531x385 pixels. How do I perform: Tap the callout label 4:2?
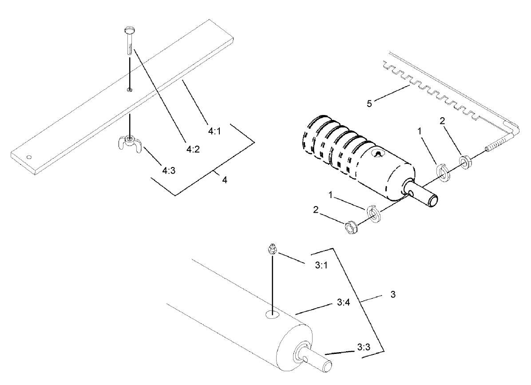[193, 149]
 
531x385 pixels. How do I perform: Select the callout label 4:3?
[168, 170]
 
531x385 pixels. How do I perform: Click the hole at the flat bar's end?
[29, 157]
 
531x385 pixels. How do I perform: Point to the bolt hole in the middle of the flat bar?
[129, 90]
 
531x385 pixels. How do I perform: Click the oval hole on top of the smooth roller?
[272, 315]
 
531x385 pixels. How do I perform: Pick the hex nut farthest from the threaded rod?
[353, 226]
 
